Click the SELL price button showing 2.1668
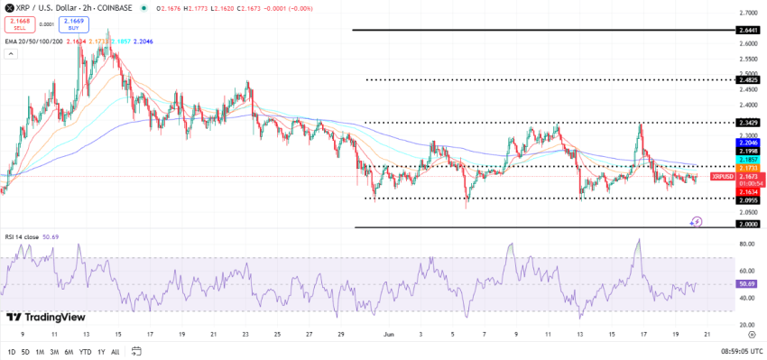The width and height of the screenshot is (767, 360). pos(18,23)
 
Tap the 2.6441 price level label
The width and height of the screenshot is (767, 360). pos(747,31)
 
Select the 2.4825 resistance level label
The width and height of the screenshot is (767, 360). pos(747,80)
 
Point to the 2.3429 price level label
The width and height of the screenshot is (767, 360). pos(747,122)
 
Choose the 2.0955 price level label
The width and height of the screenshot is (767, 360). pos(747,199)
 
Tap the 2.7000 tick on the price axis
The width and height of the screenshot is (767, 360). pos(747,14)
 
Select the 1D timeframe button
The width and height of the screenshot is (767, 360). pos(12,351)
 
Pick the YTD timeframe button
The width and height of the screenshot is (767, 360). pos(85,351)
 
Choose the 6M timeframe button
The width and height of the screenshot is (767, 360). pos(69,351)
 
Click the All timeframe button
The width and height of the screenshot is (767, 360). pos(115,351)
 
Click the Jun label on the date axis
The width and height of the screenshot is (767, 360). pos(390,333)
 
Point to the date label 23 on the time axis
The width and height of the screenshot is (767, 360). pos(245,333)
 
